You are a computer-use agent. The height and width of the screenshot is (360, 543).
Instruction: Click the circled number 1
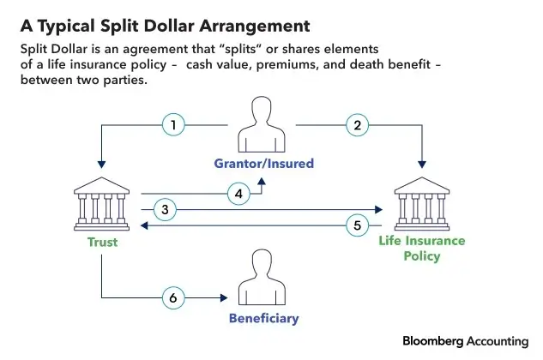[174, 126]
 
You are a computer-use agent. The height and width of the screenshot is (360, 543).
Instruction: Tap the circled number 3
[168, 208]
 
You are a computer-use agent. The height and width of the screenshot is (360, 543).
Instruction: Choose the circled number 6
[174, 297]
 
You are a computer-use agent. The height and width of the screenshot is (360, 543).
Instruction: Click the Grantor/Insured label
[264, 163]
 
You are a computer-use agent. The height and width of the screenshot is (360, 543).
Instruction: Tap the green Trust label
[102, 243]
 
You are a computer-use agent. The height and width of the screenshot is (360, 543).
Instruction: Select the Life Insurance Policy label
[421, 249]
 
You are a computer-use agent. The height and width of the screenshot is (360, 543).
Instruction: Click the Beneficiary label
[263, 319]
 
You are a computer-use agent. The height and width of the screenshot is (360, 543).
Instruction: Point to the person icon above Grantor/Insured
[264, 125]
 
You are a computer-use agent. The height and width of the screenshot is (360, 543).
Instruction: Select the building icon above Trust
[102, 203]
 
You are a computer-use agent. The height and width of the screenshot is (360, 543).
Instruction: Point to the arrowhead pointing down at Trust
[102, 163]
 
